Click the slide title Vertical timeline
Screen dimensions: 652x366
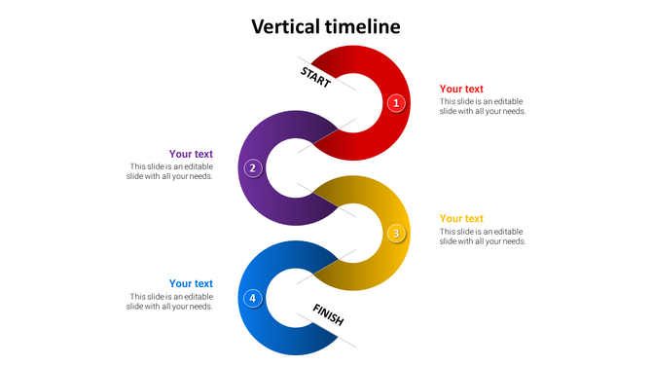[x=326, y=26]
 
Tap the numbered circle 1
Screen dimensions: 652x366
[x=396, y=102]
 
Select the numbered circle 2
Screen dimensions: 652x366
[x=253, y=167]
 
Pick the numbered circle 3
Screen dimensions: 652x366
[x=396, y=233]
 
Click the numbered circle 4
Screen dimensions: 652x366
[x=253, y=298]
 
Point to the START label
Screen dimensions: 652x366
[x=315, y=76]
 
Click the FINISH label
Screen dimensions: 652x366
[x=328, y=313]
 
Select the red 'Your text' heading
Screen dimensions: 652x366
[x=461, y=89]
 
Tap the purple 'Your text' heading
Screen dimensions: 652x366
[x=191, y=154]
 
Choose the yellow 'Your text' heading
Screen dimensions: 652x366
[x=461, y=218]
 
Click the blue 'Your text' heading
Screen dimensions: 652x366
[x=191, y=283]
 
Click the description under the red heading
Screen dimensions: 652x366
[x=483, y=106]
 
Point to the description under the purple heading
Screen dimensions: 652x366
[x=171, y=171]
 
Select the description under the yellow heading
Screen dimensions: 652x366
[x=483, y=237]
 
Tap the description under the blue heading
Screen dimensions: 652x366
[x=171, y=302]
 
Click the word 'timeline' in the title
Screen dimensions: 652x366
[x=363, y=26]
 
